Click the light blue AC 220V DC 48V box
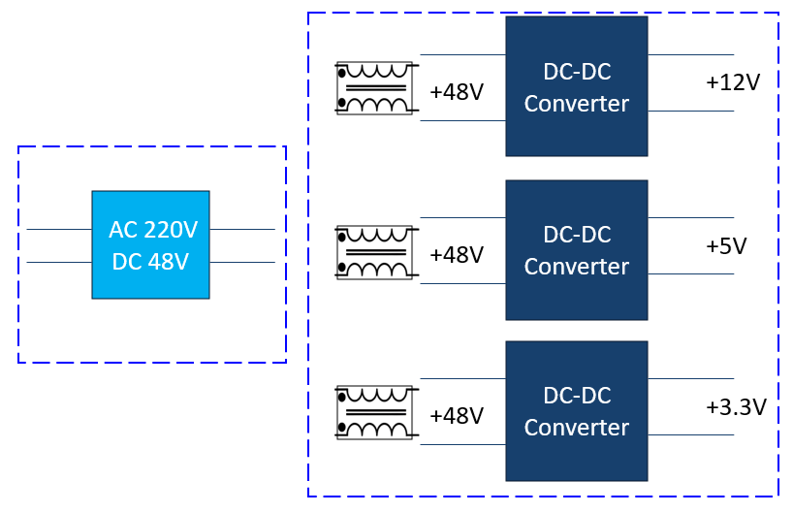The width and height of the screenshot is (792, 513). (x=150, y=244)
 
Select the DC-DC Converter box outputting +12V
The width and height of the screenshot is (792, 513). (x=577, y=85)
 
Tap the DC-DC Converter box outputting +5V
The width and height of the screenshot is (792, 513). (x=577, y=249)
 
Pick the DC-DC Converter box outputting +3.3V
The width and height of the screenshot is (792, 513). (x=577, y=411)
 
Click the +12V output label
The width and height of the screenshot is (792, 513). (x=733, y=82)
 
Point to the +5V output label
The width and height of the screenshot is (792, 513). (x=726, y=246)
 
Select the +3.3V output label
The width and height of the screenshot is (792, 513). (x=736, y=407)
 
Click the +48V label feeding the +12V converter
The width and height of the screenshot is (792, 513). (x=457, y=92)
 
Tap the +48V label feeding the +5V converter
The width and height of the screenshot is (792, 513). (x=457, y=255)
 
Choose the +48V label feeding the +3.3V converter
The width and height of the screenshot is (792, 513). (x=457, y=416)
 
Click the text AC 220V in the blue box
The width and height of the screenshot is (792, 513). (x=153, y=231)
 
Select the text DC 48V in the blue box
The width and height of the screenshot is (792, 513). (x=150, y=262)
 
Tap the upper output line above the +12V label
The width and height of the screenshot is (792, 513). (x=690, y=55)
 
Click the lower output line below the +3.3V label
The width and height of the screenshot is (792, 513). (x=690, y=435)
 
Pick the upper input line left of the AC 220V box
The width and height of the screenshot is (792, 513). (x=59, y=230)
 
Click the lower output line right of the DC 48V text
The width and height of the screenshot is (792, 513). (x=242, y=263)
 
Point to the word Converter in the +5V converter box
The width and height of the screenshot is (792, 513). (x=577, y=267)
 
